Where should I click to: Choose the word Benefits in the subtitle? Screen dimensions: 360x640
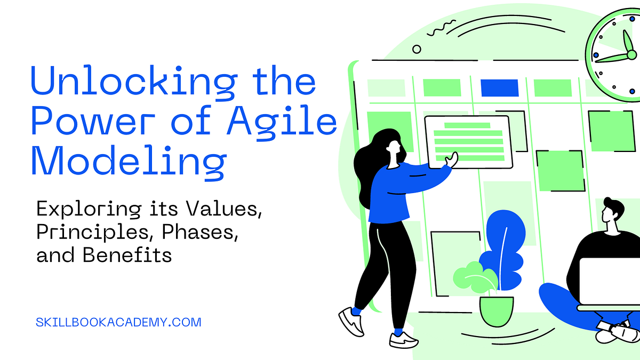pos(127,255)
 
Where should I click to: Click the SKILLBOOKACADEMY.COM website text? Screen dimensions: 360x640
pos(118,322)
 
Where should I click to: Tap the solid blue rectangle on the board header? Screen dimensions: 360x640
pos(499,87)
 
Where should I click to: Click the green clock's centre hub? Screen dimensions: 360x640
pos(631,54)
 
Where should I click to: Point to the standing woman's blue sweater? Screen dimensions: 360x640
pos(393,192)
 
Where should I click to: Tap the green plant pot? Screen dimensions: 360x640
pos(496,310)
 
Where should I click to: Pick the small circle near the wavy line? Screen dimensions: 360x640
pos(417,49)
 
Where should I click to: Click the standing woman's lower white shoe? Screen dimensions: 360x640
pos(404,339)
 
